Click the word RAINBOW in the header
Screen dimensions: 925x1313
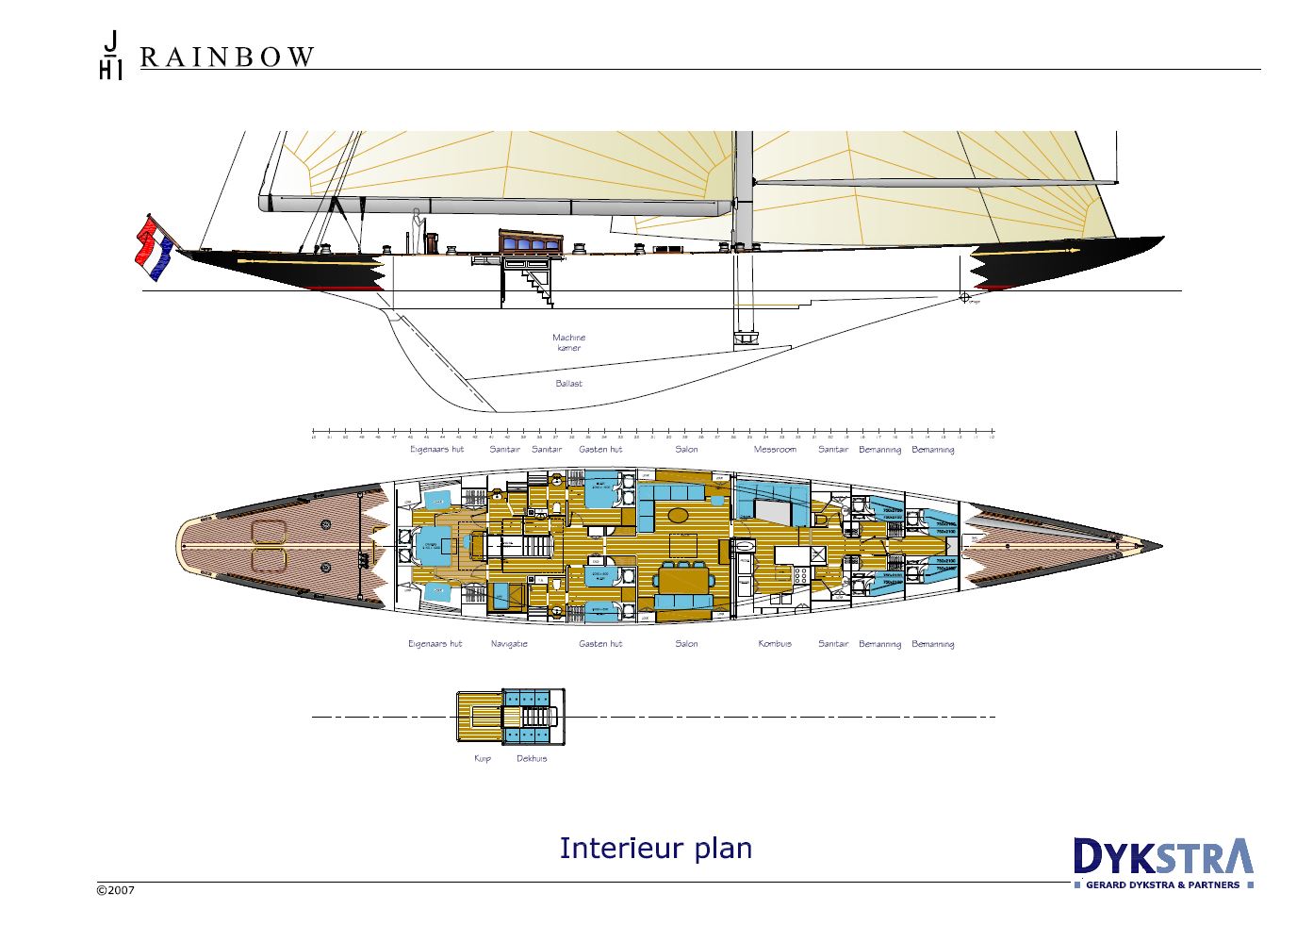tap(227, 58)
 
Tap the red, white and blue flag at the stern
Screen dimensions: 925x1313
tap(155, 247)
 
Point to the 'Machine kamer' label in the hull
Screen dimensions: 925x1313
tap(568, 342)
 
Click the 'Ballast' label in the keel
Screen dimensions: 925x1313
tap(568, 384)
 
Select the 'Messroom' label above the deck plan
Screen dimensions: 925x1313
tap(775, 450)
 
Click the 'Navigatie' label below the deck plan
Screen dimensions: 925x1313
tap(509, 644)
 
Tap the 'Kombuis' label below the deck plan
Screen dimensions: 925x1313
tap(775, 644)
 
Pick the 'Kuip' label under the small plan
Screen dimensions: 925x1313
tap(483, 758)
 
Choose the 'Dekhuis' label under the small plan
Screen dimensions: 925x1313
tap(532, 758)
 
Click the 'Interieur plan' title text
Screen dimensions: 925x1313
tap(656, 849)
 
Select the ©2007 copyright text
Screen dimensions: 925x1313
tap(116, 890)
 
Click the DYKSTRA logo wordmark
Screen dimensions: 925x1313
tap(1163, 857)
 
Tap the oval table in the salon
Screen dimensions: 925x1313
tap(679, 515)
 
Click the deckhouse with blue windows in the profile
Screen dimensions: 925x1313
tap(531, 242)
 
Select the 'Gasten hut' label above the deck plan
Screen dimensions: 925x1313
tap(600, 450)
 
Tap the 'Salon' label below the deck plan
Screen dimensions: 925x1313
tap(686, 644)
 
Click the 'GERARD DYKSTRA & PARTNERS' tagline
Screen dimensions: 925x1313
tap(1163, 885)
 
